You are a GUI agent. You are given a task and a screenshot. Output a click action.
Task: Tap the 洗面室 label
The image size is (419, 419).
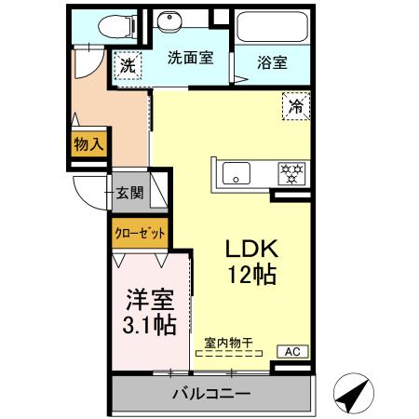pos(190,57)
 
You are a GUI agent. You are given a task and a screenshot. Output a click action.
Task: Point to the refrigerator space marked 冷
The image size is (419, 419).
pos(295,107)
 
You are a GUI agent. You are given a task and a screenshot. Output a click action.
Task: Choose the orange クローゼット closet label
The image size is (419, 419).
pos(139,233)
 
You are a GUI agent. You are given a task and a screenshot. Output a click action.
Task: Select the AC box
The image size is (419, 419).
pos(292,351)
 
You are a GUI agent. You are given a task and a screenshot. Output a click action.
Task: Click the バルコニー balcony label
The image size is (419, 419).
pos(210,394)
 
